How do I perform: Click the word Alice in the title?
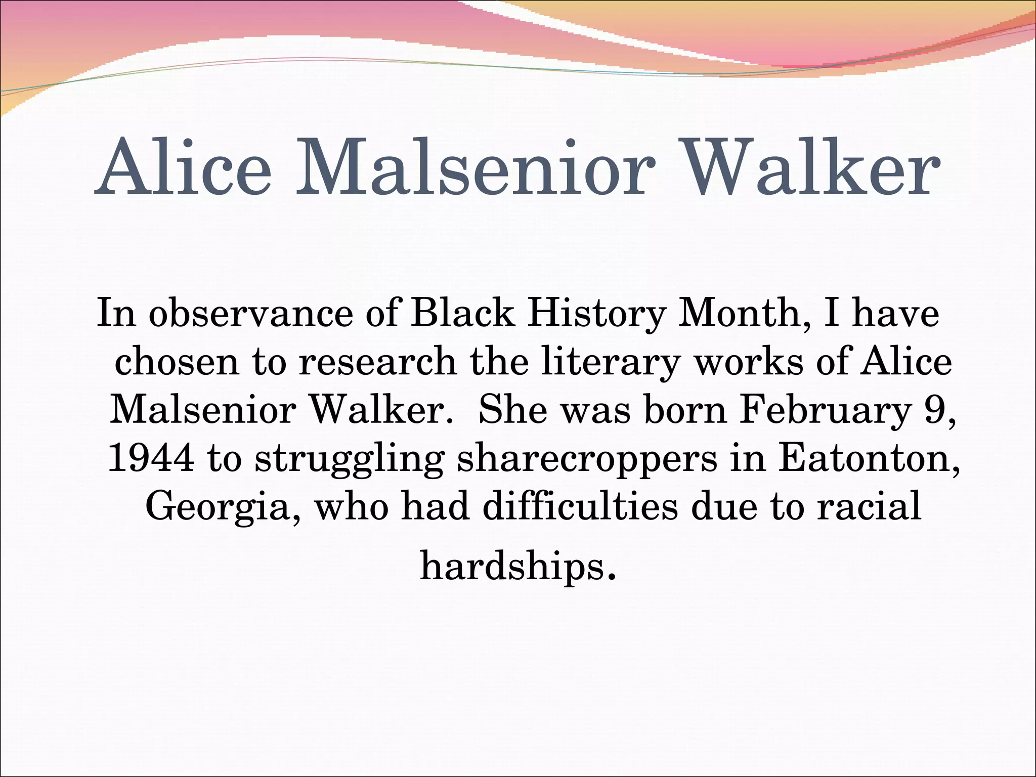coord(183,167)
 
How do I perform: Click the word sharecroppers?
coord(587,459)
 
